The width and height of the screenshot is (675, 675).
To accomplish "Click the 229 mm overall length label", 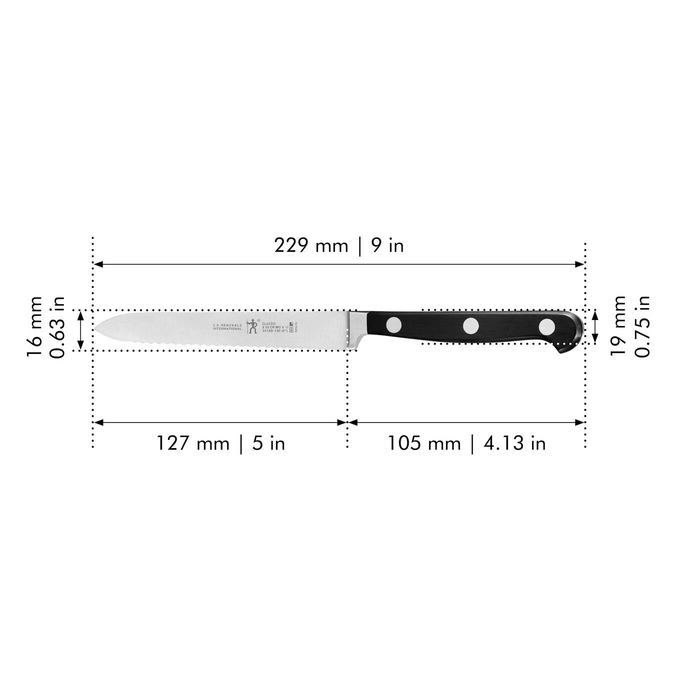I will (310, 245).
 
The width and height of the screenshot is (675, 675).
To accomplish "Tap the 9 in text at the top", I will (387, 245).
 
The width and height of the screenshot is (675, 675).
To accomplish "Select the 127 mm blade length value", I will (192, 443).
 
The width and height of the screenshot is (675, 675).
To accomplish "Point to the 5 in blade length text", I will (268, 443).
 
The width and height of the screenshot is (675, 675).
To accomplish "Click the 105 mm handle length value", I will (423, 443).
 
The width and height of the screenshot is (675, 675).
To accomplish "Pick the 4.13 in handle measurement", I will (514, 443).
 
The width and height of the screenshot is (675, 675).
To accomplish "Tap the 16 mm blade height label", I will (35, 326).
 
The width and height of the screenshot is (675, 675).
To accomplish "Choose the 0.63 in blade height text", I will (58, 327).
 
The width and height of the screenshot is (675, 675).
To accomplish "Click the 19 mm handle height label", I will (618, 325).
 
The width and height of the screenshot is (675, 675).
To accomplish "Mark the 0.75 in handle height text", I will (642, 326).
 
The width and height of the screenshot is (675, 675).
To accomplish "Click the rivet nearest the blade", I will (394, 325).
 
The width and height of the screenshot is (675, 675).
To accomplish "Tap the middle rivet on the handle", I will (470, 326).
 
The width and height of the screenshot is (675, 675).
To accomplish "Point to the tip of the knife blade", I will (96, 329).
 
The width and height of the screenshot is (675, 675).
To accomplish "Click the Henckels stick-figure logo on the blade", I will (252, 326).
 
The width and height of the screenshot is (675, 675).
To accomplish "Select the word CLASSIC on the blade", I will (269, 323).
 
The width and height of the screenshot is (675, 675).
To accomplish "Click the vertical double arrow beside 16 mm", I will (80, 330).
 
